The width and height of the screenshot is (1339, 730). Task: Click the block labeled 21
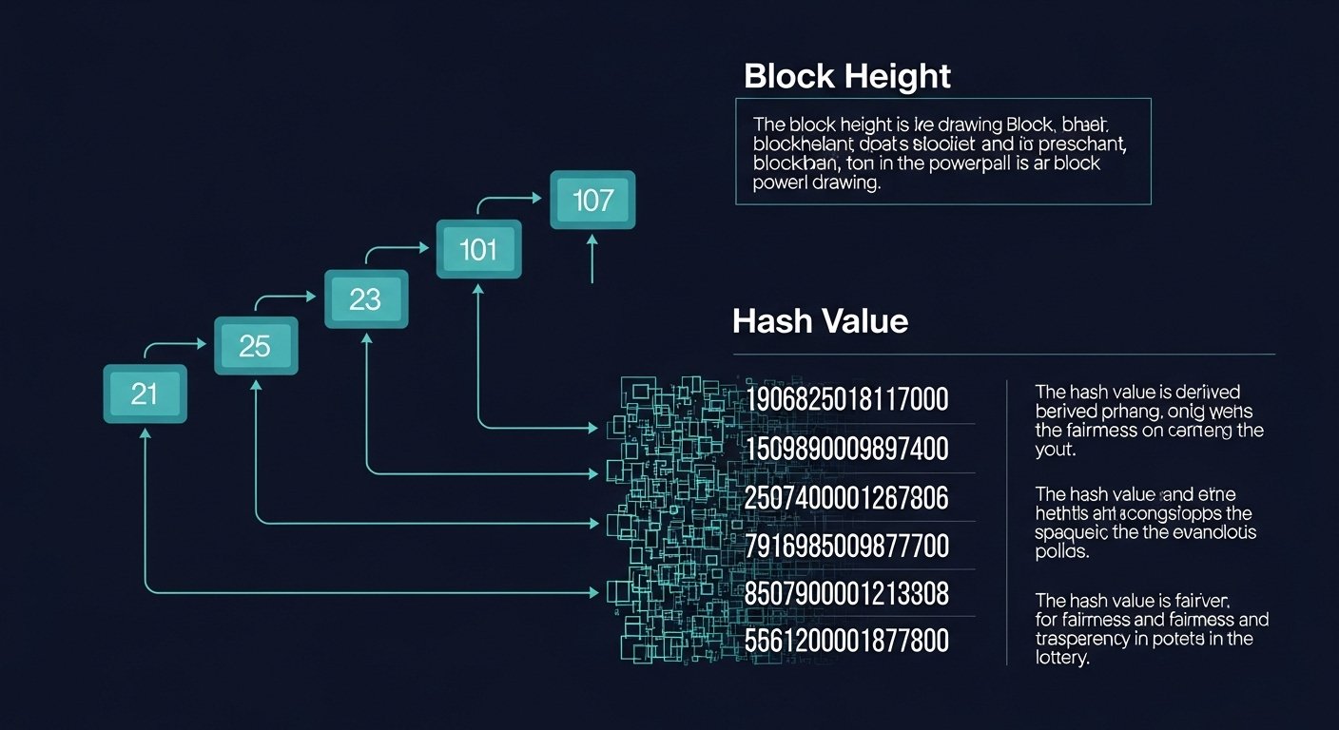[145, 394]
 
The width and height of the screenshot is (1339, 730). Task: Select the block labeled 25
[255, 346]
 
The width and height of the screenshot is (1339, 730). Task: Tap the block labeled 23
[365, 299]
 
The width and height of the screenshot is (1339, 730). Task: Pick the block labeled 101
[478, 250]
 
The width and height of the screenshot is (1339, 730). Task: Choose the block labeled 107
[592, 201]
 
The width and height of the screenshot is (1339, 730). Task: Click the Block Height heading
[846, 76]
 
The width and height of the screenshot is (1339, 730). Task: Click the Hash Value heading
[820, 321]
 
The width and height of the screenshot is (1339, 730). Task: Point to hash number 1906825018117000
[847, 399]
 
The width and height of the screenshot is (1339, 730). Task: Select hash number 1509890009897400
[847, 449]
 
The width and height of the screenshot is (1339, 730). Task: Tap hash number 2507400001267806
[847, 497]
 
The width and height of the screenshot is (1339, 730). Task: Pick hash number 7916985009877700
[847, 547]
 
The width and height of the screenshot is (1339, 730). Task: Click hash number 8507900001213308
[847, 595]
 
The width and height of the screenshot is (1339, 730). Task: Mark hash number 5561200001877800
[847, 643]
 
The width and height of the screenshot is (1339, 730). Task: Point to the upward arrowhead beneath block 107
[592, 241]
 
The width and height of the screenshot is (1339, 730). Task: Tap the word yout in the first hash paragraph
[1055, 450]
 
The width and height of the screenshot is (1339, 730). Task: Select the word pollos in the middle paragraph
[1062, 551]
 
